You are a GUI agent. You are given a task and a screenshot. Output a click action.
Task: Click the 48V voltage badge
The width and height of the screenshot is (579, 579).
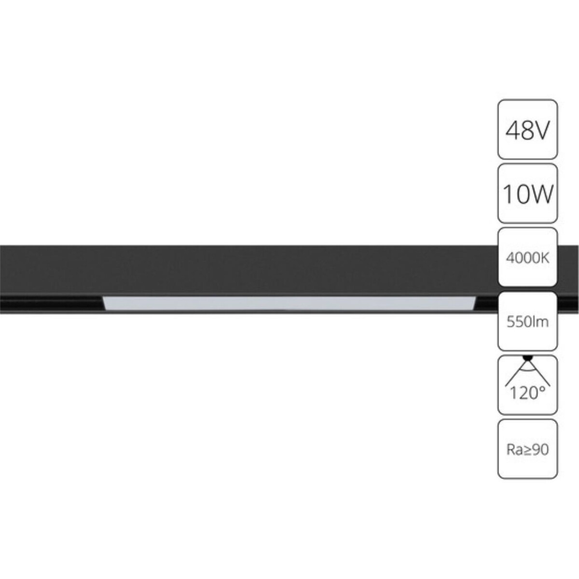[527, 129]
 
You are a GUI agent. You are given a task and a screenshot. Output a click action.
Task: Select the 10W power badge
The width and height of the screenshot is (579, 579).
[527, 193]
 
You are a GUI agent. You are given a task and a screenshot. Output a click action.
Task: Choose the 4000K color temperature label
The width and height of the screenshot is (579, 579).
[527, 258]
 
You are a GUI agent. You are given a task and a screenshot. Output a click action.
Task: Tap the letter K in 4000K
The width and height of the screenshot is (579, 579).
[545, 258]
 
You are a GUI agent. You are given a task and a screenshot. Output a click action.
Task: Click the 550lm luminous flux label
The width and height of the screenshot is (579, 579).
[527, 321]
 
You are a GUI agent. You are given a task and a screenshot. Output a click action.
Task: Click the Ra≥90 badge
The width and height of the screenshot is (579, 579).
[527, 449]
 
